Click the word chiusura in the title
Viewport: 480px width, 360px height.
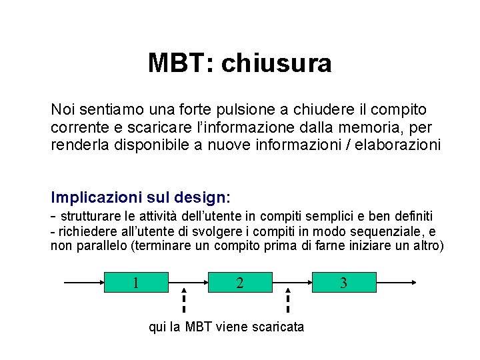[276, 63]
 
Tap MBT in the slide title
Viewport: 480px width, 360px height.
[177, 63]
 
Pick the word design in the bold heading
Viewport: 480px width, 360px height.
[199, 198]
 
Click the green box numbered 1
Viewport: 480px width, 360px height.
[136, 282]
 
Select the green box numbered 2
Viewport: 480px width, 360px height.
[240, 282]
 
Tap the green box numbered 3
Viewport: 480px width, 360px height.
[343, 282]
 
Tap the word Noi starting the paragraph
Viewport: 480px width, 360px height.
[63, 109]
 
